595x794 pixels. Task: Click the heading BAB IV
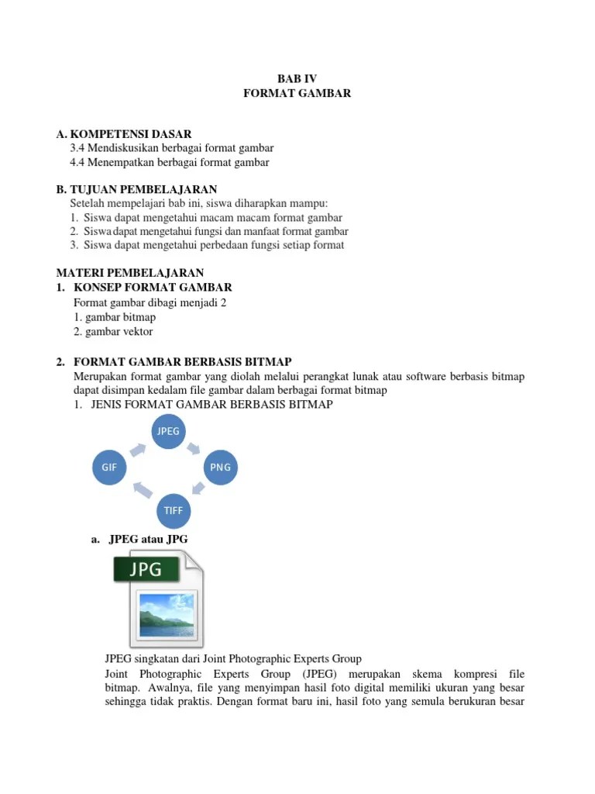click(297, 78)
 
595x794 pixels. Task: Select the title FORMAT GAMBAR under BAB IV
click(297, 93)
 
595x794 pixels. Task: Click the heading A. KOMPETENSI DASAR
click(124, 134)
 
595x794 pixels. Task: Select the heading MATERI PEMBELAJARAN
click(130, 273)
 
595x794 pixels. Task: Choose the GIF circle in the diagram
click(109, 468)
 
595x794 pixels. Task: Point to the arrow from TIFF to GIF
click(142, 490)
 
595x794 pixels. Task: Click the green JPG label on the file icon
click(146, 570)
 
